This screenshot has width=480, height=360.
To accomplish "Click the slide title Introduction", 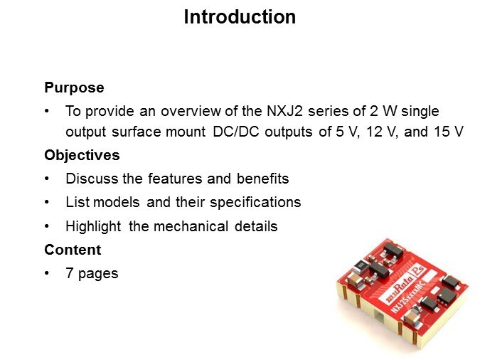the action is (240, 17).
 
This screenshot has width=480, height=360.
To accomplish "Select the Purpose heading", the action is (74, 88).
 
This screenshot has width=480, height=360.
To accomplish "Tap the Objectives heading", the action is (82, 155).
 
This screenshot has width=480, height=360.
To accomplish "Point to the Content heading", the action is (73, 250).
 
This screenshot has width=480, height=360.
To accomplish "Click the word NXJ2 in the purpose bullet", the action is (284, 111).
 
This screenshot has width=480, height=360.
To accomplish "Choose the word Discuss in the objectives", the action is (92, 179).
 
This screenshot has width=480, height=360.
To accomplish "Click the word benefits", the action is (262, 179).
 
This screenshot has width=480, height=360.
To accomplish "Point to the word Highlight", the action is (93, 227).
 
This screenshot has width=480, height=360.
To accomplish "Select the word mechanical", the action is (191, 226).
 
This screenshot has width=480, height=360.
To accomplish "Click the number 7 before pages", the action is (70, 273).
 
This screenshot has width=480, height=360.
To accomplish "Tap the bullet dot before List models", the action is (46, 202).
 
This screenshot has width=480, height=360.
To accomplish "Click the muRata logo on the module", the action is (398, 287).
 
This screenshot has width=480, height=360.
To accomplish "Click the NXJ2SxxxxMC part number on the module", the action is (407, 298).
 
